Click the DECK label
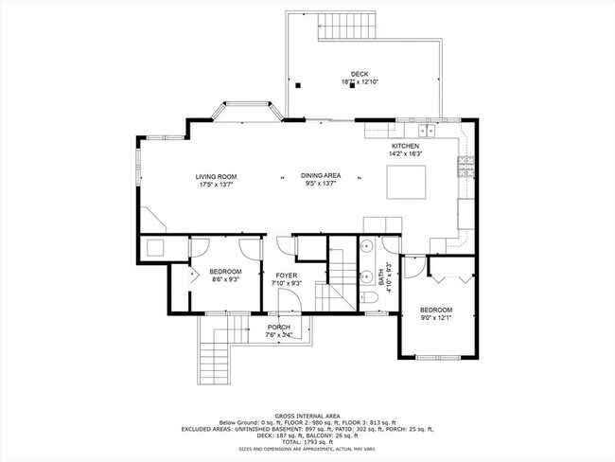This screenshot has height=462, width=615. (x=359, y=73)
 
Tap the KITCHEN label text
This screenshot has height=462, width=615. (x=405, y=146)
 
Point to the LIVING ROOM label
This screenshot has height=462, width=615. (x=216, y=176)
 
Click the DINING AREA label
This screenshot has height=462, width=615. (x=321, y=176)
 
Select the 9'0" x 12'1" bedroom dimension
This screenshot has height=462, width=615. (x=436, y=318)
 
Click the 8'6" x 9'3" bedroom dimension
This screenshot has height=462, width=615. (x=225, y=279)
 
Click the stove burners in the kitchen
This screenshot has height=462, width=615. (x=465, y=167)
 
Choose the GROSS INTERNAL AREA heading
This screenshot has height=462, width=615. (x=307, y=416)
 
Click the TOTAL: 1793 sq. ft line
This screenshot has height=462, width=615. (x=307, y=441)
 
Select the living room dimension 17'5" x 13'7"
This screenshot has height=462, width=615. (x=216, y=185)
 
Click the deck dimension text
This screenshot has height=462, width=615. (x=359, y=81)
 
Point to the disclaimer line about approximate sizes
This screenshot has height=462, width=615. (x=307, y=450)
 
